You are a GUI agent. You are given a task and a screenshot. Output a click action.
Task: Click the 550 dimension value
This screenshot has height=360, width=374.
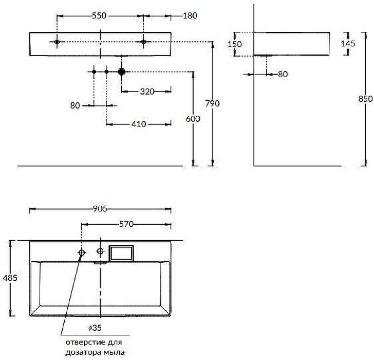(99, 16)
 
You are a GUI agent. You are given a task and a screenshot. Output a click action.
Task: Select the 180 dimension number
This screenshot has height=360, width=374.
(190, 16)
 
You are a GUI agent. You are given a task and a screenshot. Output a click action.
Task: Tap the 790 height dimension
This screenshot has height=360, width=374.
(213, 103)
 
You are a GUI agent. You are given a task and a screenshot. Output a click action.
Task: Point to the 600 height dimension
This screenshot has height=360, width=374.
(193, 119)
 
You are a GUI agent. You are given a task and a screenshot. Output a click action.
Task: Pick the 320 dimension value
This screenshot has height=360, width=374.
(147, 92)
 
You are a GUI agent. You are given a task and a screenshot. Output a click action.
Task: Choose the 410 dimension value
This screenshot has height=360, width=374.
(139, 124)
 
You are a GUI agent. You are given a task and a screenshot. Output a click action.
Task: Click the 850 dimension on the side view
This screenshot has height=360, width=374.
(365, 99)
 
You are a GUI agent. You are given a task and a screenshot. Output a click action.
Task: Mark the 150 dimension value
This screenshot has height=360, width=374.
(234, 44)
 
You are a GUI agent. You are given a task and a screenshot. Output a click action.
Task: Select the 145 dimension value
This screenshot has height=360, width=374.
(348, 43)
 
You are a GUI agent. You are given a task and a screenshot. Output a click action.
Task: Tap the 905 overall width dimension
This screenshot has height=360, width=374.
(100, 209)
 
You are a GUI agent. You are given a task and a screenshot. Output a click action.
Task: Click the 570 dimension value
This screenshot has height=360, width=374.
(126, 224)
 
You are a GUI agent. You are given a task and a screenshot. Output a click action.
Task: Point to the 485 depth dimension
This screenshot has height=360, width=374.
(10, 278)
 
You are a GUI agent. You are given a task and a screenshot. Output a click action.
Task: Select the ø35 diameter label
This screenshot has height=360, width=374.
(95, 328)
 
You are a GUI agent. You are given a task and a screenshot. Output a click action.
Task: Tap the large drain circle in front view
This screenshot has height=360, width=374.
(122, 71)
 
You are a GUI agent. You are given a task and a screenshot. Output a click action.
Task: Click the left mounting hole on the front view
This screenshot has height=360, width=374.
(57, 42)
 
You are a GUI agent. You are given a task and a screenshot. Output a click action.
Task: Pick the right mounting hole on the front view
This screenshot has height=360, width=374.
(143, 42)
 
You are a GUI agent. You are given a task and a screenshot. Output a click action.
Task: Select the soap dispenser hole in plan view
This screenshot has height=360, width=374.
(82, 253)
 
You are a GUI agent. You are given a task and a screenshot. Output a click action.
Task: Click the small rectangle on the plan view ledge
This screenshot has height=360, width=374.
(121, 254)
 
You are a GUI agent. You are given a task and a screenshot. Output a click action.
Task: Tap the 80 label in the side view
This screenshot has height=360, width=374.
(283, 74)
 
